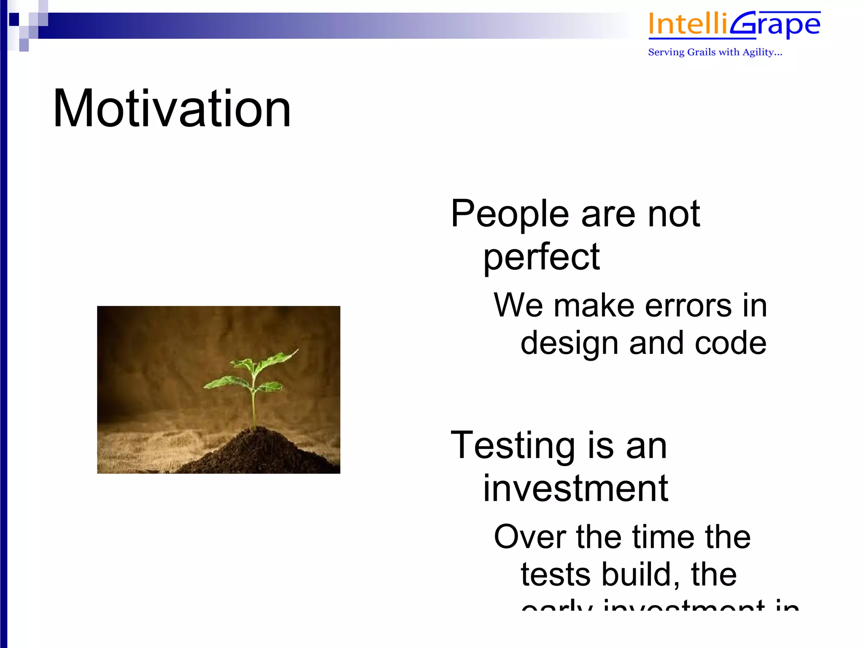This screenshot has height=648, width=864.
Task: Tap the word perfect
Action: (541, 257)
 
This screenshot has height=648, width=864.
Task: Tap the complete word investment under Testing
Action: (575, 489)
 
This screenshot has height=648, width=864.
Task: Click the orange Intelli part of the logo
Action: (688, 24)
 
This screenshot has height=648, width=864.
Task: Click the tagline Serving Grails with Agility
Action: (715, 52)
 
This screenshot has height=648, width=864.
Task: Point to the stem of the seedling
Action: (253, 405)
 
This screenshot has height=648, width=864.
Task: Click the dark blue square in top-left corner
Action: (14, 19)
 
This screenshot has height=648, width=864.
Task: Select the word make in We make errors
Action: (594, 306)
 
